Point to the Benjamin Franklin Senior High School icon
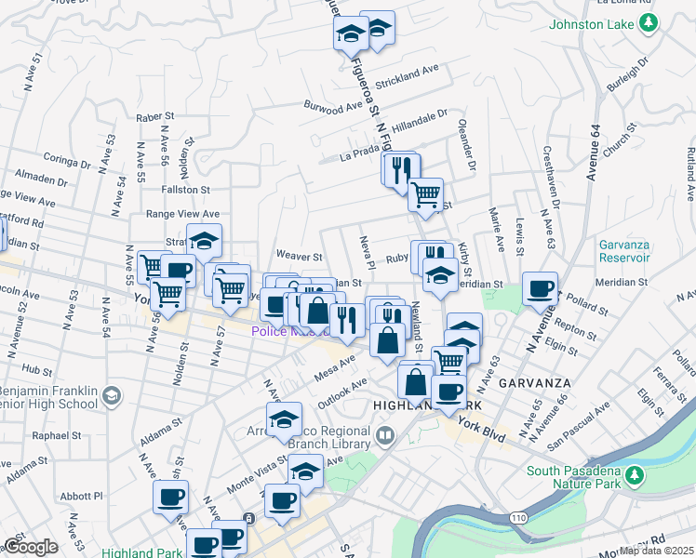click(111, 396)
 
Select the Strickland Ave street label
click(406, 71)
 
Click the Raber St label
click(155, 117)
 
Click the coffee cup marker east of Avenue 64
click(540, 288)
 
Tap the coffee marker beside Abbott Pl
click(171, 497)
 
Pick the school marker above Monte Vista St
click(285, 419)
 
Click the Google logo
click(30, 547)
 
